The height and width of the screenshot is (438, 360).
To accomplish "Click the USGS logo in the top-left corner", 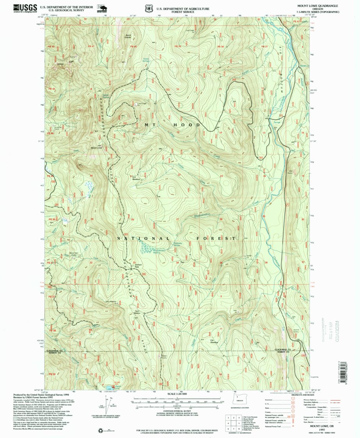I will click(25, 7).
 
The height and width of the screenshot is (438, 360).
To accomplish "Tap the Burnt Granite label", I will click(128, 35).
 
